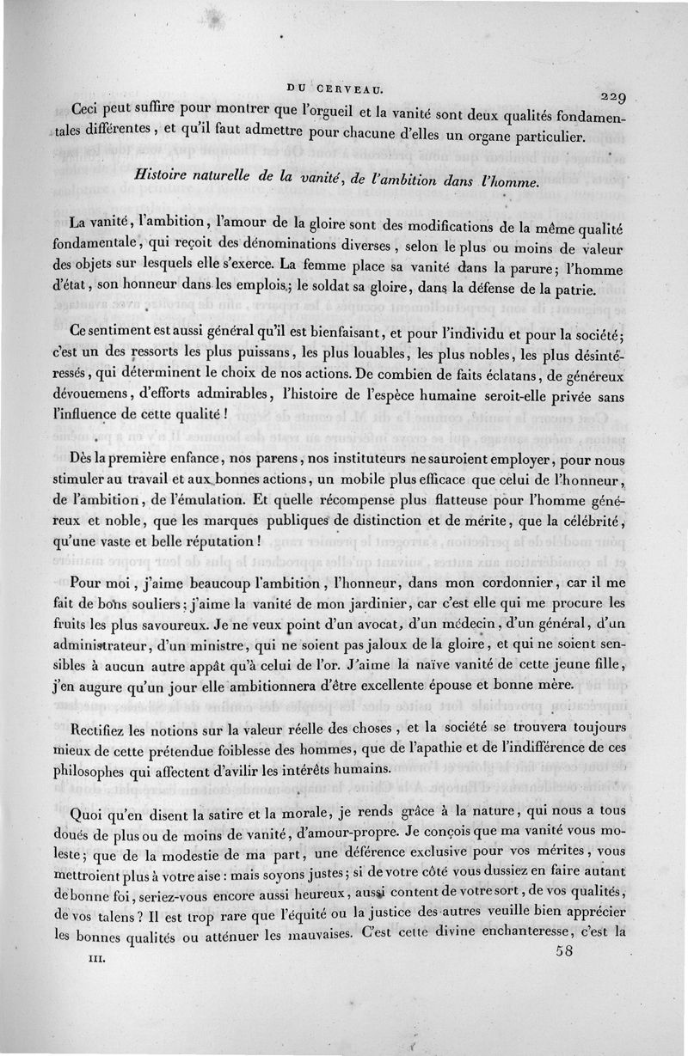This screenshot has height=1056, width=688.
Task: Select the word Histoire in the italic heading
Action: [x=166, y=174]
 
